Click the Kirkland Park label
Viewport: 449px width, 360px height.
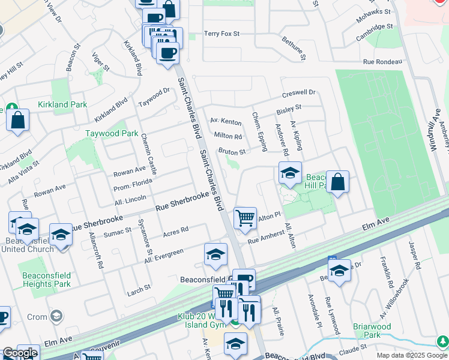(62, 104)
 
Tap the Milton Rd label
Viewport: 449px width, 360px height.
(228, 136)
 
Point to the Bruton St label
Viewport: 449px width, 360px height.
(232, 152)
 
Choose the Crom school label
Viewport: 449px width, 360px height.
(37, 316)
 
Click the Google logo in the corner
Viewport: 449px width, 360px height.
(20, 353)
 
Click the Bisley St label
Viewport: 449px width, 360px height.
(289, 110)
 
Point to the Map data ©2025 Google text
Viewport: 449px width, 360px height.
(411, 355)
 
